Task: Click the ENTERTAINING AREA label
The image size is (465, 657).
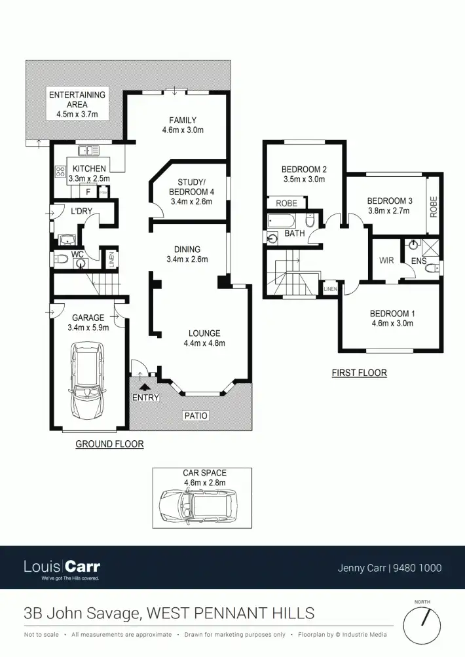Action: click(x=77, y=100)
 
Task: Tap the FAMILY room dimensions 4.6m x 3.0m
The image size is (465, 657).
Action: click(x=183, y=130)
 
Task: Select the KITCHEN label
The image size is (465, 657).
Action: click(x=89, y=168)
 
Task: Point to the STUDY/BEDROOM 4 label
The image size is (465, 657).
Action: click(x=192, y=187)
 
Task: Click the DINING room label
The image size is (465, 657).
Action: click(x=187, y=249)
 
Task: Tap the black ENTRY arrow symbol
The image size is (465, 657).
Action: click(x=145, y=387)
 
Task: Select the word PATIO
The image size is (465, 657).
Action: click(x=195, y=415)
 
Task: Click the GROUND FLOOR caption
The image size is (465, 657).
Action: click(x=109, y=444)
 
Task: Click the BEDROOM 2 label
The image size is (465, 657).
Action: click(x=305, y=169)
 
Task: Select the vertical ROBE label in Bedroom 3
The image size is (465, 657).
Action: click(x=433, y=206)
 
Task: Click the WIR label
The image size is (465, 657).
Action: click(x=386, y=261)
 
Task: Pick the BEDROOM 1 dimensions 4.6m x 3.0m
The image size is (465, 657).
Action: click(x=392, y=323)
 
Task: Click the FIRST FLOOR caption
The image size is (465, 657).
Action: click(x=359, y=373)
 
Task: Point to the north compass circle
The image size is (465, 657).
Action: click(x=422, y=624)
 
